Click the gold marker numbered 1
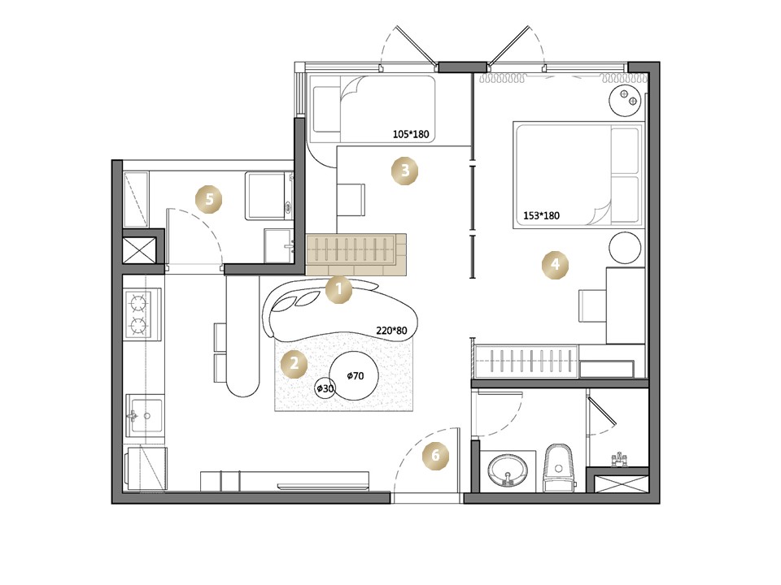(x=338, y=289)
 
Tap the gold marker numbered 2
(x=294, y=364)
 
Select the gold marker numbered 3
(x=404, y=171)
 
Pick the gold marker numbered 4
(x=555, y=264)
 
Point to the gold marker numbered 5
(x=209, y=200)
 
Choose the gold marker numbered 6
(x=436, y=456)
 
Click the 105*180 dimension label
(x=410, y=134)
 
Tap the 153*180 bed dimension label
(x=541, y=216)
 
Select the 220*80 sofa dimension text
(x=391, y=331)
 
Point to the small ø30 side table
(x=325, y=388)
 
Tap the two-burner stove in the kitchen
(x=143, y=314)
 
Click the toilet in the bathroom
(x=558, y=467)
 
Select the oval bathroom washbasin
(x=508, y=470)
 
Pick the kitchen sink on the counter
(x=145, y=415)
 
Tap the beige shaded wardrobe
(x=356, y=254)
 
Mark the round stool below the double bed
(x=625, y=248)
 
